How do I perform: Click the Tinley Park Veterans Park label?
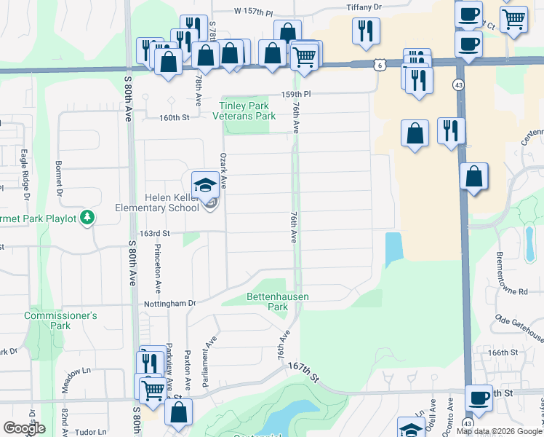tap(248, 111)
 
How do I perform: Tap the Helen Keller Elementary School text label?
tap(157, 202)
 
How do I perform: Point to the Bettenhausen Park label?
tap(278, 302)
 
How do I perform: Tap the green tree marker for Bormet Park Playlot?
tap(87, 217)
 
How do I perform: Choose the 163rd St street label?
tap(155, 234)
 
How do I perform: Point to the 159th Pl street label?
tap(297, 95)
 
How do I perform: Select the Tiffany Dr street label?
tap(364, 7)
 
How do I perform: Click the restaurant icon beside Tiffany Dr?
tap(364, 30)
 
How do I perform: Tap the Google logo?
tap(24, 428)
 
